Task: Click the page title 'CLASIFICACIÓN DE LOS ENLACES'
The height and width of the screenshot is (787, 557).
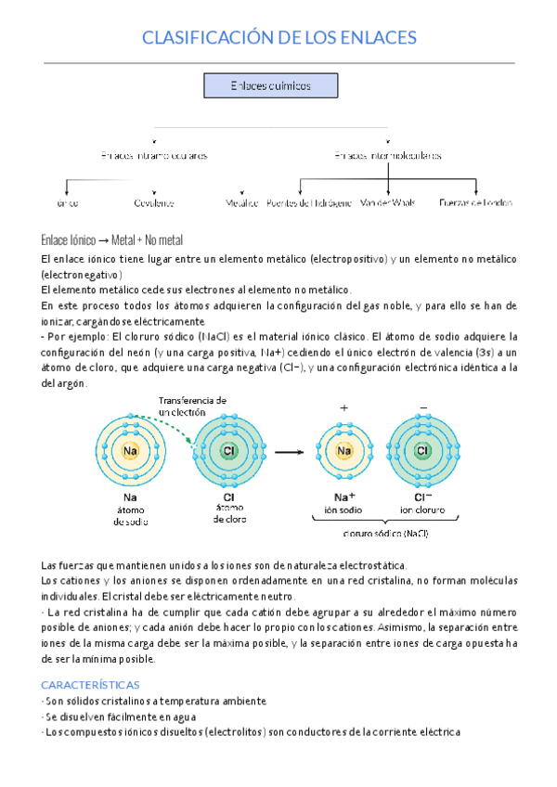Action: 278,37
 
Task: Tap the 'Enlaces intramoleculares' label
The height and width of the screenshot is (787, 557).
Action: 154,156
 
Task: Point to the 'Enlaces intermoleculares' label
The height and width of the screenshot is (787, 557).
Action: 388,156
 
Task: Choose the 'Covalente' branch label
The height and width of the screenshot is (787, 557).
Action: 154,201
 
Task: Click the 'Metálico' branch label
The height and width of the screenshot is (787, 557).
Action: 241,201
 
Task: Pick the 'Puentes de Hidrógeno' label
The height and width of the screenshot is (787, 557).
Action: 309,201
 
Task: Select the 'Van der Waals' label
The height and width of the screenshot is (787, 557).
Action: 387,201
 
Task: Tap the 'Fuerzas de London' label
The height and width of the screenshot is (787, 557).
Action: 475,201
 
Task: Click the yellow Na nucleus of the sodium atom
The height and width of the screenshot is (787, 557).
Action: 130,451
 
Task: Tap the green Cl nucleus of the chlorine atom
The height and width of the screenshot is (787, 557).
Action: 228,451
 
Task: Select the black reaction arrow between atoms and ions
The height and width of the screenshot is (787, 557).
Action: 290,451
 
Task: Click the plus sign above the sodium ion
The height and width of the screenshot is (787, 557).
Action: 343,408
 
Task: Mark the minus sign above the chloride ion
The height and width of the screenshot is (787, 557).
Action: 423,408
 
